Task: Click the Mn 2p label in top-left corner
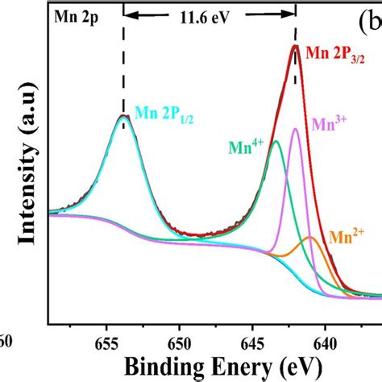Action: pyautogui.click(x=72, y=15)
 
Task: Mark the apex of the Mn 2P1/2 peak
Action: pyautogui.click(x=123, y=116)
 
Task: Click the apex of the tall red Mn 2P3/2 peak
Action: pyautogui.click(x=295, y=46)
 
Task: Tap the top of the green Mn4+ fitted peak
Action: pyautogui.click(x=276, y=141)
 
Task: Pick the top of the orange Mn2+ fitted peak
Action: pyautogui.click(x=310, y=238)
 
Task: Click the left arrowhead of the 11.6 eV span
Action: pyautogui.click(x=129, y=15)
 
